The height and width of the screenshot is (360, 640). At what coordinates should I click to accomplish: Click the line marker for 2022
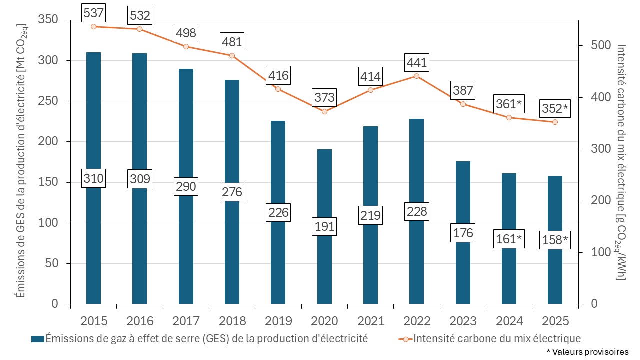(416, 76)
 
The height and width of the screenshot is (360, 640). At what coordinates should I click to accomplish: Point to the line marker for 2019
(278, 89)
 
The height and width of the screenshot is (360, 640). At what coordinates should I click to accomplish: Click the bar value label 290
(186, 187)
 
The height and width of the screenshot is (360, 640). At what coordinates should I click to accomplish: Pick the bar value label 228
(416, 211)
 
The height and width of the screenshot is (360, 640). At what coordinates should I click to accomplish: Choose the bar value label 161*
(509, 240)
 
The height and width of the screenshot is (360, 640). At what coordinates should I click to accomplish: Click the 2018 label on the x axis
(232, 320)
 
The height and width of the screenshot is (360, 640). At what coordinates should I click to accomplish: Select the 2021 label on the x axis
(370, 320)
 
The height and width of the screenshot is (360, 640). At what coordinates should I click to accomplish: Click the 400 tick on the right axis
(589, 97)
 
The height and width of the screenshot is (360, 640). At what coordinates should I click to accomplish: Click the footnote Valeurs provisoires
(587, 352)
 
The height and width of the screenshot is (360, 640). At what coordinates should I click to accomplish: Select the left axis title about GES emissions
(21, 162)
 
